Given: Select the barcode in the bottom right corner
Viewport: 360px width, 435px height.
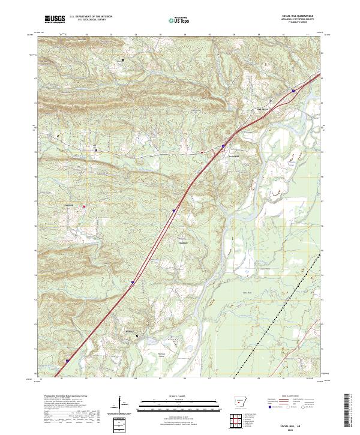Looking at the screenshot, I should click(348, 413).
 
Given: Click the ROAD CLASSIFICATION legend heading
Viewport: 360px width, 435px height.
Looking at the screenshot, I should click(290, 397).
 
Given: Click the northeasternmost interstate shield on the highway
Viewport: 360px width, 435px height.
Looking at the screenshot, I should click(293, 91).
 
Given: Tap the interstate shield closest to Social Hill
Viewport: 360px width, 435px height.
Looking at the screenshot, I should click(223, 145).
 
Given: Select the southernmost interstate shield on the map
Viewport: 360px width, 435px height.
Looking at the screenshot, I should click(67, 361).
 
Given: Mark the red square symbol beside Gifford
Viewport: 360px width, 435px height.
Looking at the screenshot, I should click(84, 206).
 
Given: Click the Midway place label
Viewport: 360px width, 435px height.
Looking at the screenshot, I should click(131, 330).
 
